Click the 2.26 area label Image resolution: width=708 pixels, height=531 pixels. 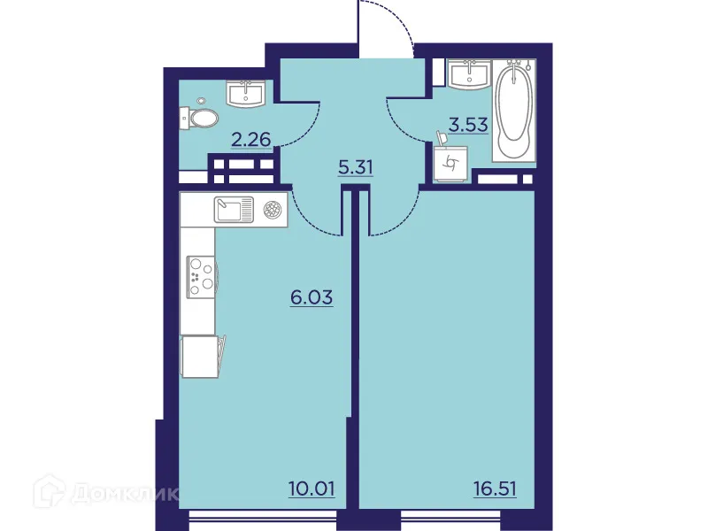click(x=250, y=138)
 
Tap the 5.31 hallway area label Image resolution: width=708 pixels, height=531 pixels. click(x=355, y=165)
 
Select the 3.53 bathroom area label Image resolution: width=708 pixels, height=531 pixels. click(x=468, y=125)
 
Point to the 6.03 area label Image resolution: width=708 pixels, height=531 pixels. click(x=312, y=297)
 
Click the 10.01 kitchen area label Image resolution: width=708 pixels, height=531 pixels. click(x=311, y=487)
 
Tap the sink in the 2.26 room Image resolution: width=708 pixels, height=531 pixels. click(x=244, y=93)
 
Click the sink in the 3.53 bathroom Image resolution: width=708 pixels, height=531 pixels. click(x=469, y=74)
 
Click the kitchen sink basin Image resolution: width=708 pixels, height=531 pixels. click(x=233, y=210)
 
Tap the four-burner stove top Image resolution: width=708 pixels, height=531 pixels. click(x=201, y=273)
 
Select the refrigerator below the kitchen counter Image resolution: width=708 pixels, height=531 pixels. click(x=200, y=358)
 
